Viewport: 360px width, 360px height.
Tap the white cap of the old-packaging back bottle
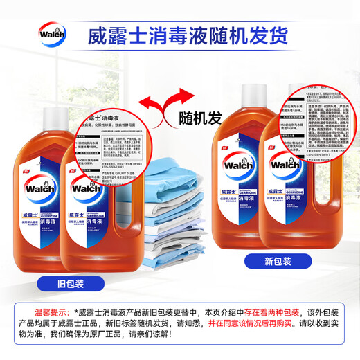click(x=55, y=111)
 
